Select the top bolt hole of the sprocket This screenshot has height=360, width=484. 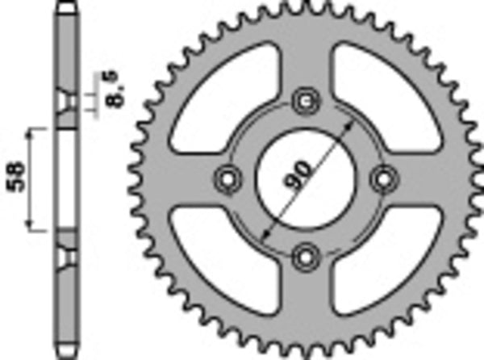tap(304, 101)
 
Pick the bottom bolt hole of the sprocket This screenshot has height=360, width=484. tap(304, 254)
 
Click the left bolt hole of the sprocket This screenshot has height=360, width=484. tap(227, 177)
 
